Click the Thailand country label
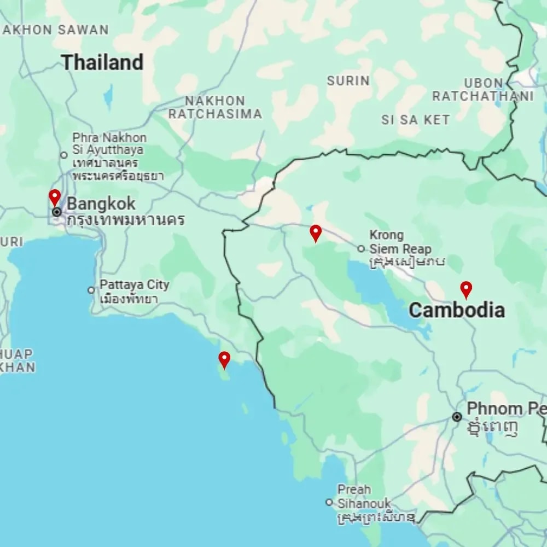(x=102, y=62)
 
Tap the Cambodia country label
(x=457, y=310)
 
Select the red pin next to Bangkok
(x=54, y=197)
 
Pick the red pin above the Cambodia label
(x=466, y=289)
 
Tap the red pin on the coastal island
(x=224, y=359)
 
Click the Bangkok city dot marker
(x=57, y=212)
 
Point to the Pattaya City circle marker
(x=91, y=290)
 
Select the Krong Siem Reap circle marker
(x=361, y=249)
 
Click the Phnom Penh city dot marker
(x=457, y=417)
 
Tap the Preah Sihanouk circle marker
(x=329, y=502)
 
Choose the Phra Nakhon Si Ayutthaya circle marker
(x=64, y=155)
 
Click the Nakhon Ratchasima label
(x=215, y=107)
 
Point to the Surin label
(x=348, y=81)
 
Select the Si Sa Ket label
(x=416, y=120)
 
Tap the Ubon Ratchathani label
(x=483, y=90)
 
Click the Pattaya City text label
(x=135, y=285)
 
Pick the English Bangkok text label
(x=101, y=204)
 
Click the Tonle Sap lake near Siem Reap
(x=383, y=290)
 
